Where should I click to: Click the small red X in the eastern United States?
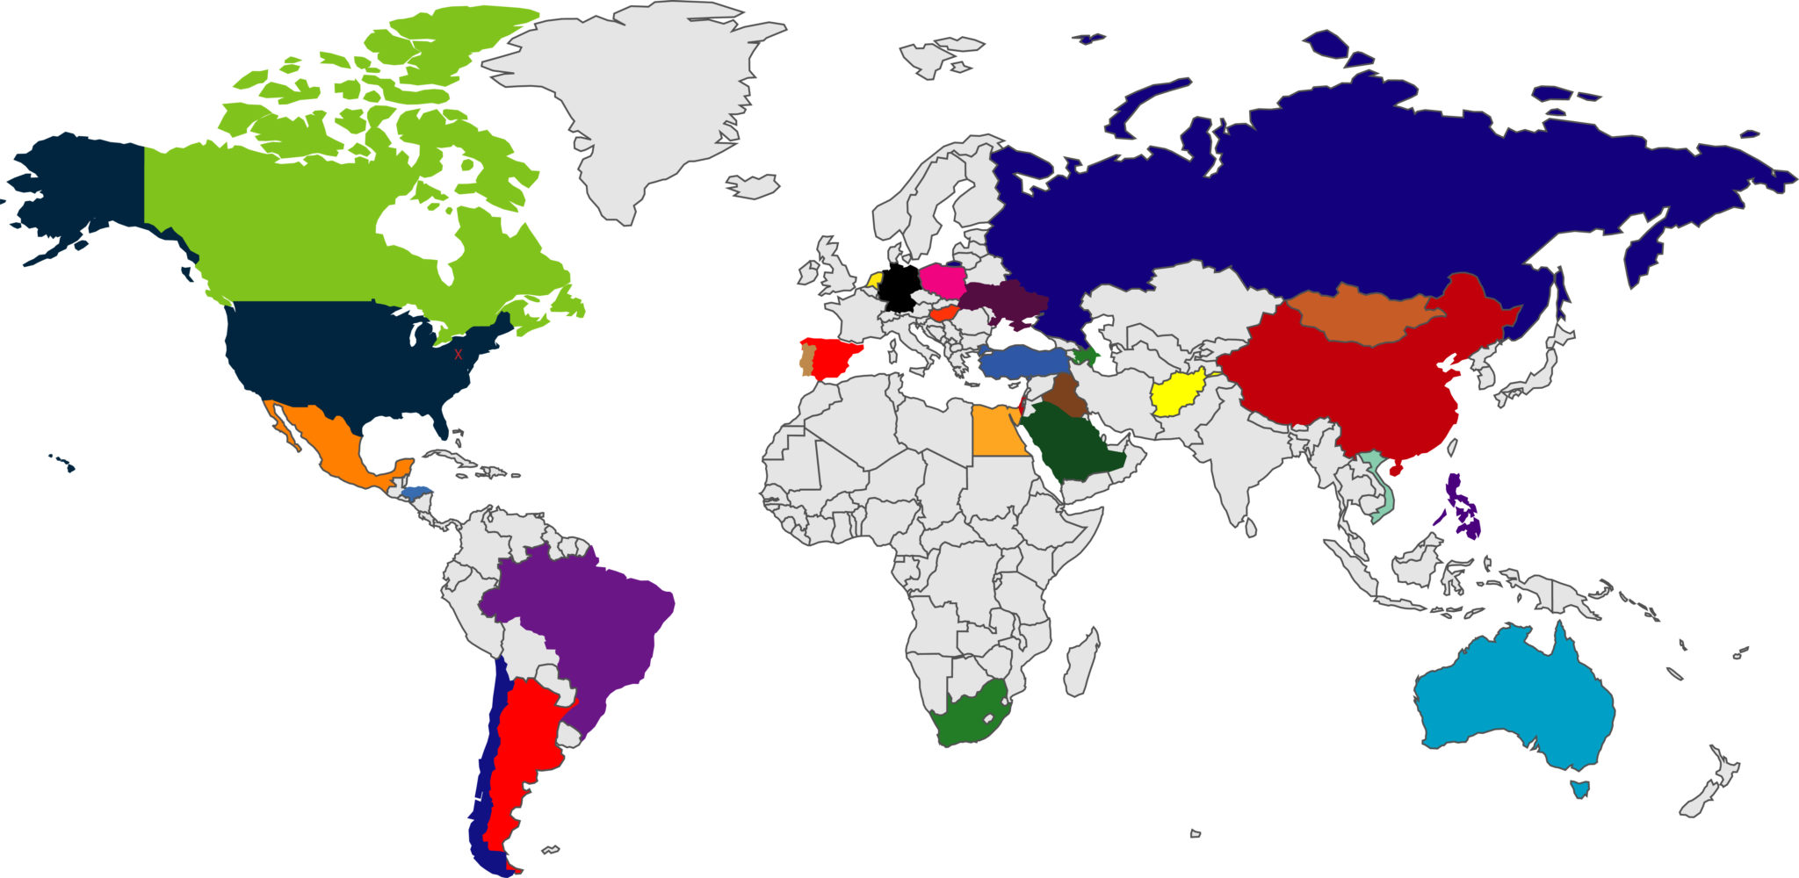(458, 355)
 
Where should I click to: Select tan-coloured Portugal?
(806, 361)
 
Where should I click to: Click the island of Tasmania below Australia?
(1580, 788)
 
